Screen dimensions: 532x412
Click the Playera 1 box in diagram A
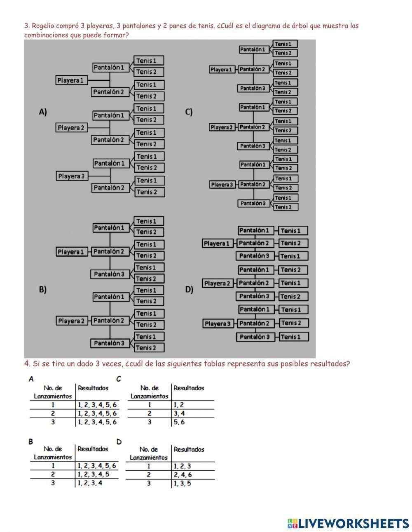point(70,80)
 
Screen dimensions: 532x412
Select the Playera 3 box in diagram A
point(71,176)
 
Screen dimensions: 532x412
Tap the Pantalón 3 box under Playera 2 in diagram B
point(109,343)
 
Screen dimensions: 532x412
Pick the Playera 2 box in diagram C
point(222,127)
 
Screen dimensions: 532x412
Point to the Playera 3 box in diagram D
point(217,324)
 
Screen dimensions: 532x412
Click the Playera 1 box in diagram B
point(71,252)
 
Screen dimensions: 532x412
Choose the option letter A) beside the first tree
point(43,112)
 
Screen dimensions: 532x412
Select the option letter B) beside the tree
point(43,289)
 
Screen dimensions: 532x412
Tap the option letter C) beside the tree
point(189,112)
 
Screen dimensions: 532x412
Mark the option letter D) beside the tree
point(189,289)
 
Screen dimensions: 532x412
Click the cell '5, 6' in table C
point(179,422)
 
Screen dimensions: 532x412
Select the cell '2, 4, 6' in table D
point(183,475)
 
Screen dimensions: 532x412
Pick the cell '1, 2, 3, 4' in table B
point(90,483)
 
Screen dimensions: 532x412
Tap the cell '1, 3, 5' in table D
point(182,483)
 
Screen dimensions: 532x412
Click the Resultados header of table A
point(93,388)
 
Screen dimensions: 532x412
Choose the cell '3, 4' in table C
point(179,413)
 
